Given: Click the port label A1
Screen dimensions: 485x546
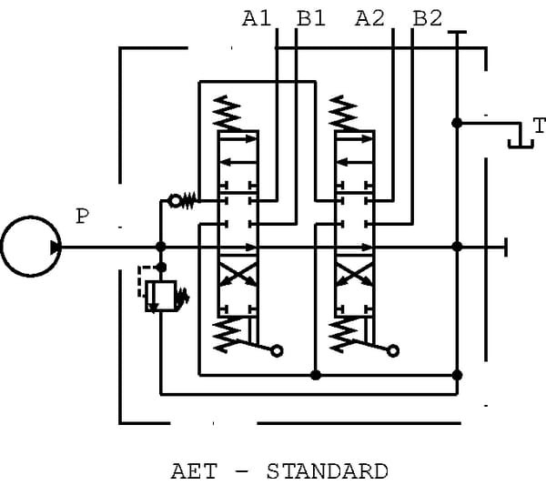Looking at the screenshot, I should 257,17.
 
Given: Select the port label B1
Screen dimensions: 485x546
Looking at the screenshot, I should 310,17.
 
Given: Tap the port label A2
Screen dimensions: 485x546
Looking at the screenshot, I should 372,17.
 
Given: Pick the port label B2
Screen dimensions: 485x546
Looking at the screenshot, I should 428,17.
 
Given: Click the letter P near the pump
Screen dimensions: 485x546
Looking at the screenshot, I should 83,217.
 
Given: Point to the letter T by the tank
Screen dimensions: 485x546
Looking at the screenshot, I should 539,126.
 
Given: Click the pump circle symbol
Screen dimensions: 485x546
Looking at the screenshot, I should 30,246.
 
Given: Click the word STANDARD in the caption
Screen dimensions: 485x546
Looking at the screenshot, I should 327,471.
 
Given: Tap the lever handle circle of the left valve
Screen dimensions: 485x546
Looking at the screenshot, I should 277,350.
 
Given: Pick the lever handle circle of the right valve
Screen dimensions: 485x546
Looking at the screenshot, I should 393,350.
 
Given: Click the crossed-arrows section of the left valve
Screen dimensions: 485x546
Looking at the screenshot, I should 238,274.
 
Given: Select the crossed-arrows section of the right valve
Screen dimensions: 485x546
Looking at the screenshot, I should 355,274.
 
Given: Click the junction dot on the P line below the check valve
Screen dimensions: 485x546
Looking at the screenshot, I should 161,246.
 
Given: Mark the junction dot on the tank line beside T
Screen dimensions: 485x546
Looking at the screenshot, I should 457,122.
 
